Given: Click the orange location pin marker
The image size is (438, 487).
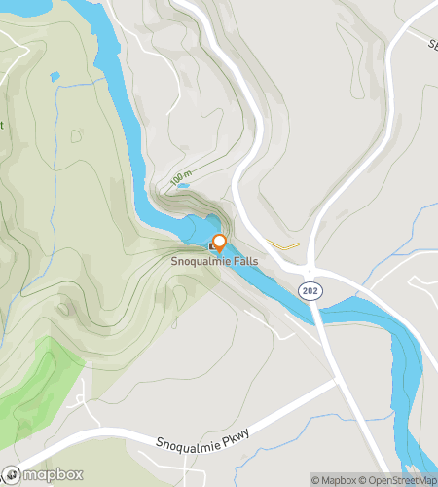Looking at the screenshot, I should coord(220,243).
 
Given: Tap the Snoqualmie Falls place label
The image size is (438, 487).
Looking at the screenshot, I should coord(214,261).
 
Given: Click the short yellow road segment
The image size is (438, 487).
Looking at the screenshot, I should coord(283,245).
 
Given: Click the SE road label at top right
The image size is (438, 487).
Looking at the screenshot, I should coord(430,46).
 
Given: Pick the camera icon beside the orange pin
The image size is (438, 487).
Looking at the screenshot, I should coord(213,247).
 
